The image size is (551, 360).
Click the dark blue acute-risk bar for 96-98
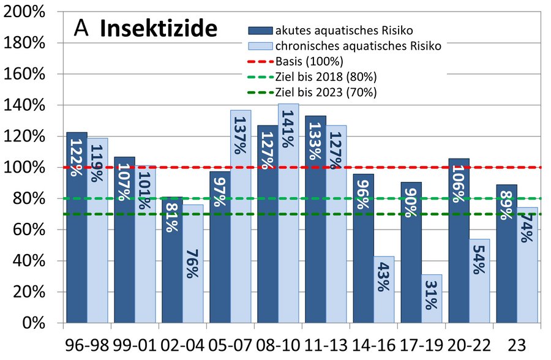click(x=77, y=233)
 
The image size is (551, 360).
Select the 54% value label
click(x=479, y=261)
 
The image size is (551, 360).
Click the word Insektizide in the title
click(x=159, y=28)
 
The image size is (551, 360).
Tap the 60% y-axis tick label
click(x=27, y=230)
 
